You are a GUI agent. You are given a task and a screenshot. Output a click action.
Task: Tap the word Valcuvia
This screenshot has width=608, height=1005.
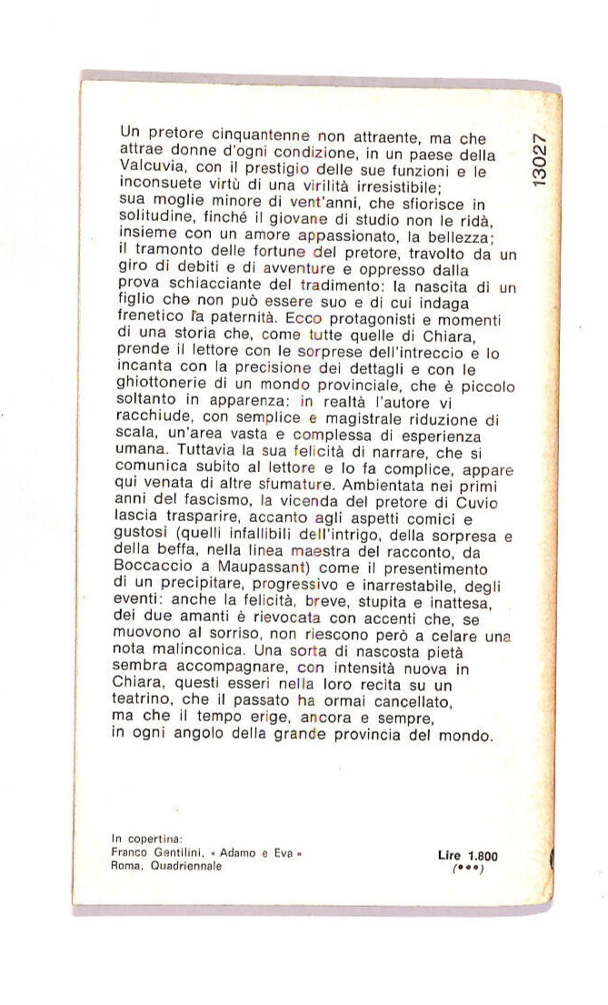pyautogui.click(x=149, y=167)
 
